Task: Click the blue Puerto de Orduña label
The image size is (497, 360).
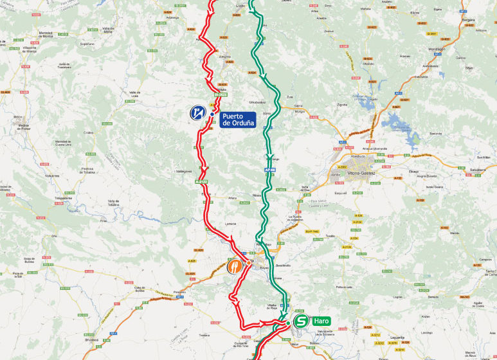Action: pyautogui.click(x=238, y=120)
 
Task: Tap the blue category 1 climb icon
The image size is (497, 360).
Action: pyautogui.click(x=197, y=113)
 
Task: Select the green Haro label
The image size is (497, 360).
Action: pyautogui.click(x=321, y=321)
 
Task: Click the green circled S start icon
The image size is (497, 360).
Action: pyautogui.click(x=300, y=321)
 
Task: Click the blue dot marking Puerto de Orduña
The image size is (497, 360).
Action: pyautogui.click(x=213, y=114)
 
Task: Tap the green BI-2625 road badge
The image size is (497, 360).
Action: pyautogui.click(x=221, y=94)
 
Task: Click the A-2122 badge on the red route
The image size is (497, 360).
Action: pyautogui.click(x=201, y=183)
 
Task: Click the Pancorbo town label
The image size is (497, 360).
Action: pyautogui.click(x=179, y=291)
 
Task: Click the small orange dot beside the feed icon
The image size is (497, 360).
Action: pyautogui.click(x=249, y=262)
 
